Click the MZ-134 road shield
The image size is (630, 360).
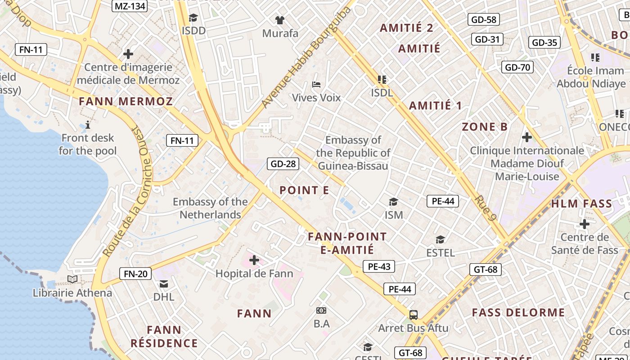[130, 6]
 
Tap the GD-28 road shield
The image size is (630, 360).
[283, 164]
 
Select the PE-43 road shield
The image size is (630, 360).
[379, 266]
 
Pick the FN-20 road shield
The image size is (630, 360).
[135, 274]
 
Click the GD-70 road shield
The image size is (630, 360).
[517, 67]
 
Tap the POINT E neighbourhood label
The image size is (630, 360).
[304, 190]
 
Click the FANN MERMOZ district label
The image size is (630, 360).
[126, 101]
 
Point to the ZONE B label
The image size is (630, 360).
[485, 127]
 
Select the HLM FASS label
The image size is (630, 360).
[581, 204]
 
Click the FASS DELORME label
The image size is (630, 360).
[518, 313]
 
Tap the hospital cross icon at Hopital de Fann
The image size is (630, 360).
[254, 260]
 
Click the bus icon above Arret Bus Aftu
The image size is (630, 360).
[413, 315]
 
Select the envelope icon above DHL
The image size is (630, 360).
[164, 284]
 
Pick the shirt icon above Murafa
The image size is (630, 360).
[280, 20]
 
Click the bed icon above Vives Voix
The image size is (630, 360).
[316, 85]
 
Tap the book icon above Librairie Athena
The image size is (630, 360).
[72, 279]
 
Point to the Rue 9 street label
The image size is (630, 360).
[486, 208]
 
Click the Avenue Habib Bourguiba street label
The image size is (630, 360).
[306, 57]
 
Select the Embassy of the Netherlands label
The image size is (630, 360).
[210, 208]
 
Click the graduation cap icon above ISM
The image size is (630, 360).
[394, 202]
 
